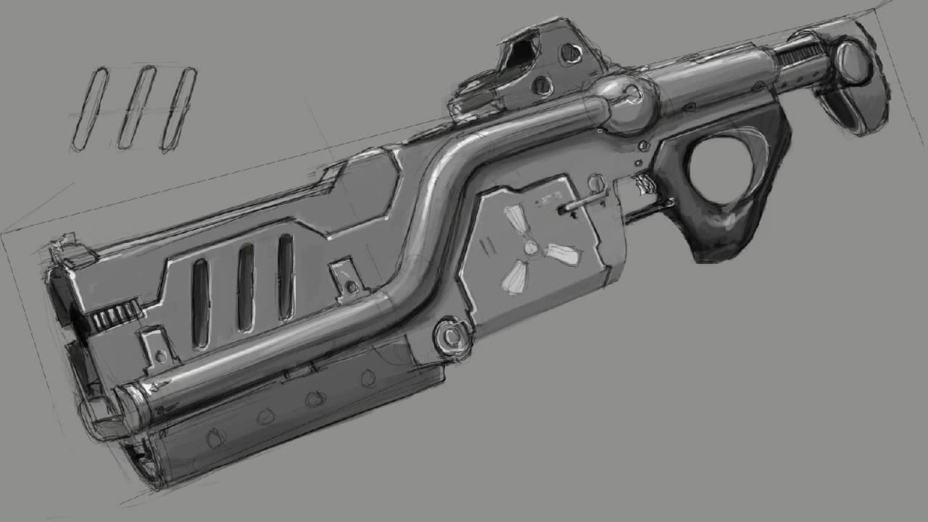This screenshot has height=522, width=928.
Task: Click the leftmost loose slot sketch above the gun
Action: (90, 109)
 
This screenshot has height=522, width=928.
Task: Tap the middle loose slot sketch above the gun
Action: (137, 107)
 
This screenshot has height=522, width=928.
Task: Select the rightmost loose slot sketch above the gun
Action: (178, 109)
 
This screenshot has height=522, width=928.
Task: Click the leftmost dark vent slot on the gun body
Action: (200, 302)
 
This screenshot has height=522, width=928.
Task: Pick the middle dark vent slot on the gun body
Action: (246, 288)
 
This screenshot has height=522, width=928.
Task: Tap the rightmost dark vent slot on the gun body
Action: (286, 277)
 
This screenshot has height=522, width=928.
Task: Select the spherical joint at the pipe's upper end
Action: (629, 103)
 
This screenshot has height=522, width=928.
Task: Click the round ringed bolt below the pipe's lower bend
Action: (450, 337)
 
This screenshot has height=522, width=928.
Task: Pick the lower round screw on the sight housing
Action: (542, 86)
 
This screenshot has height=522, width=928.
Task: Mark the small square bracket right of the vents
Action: (347, 278)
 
